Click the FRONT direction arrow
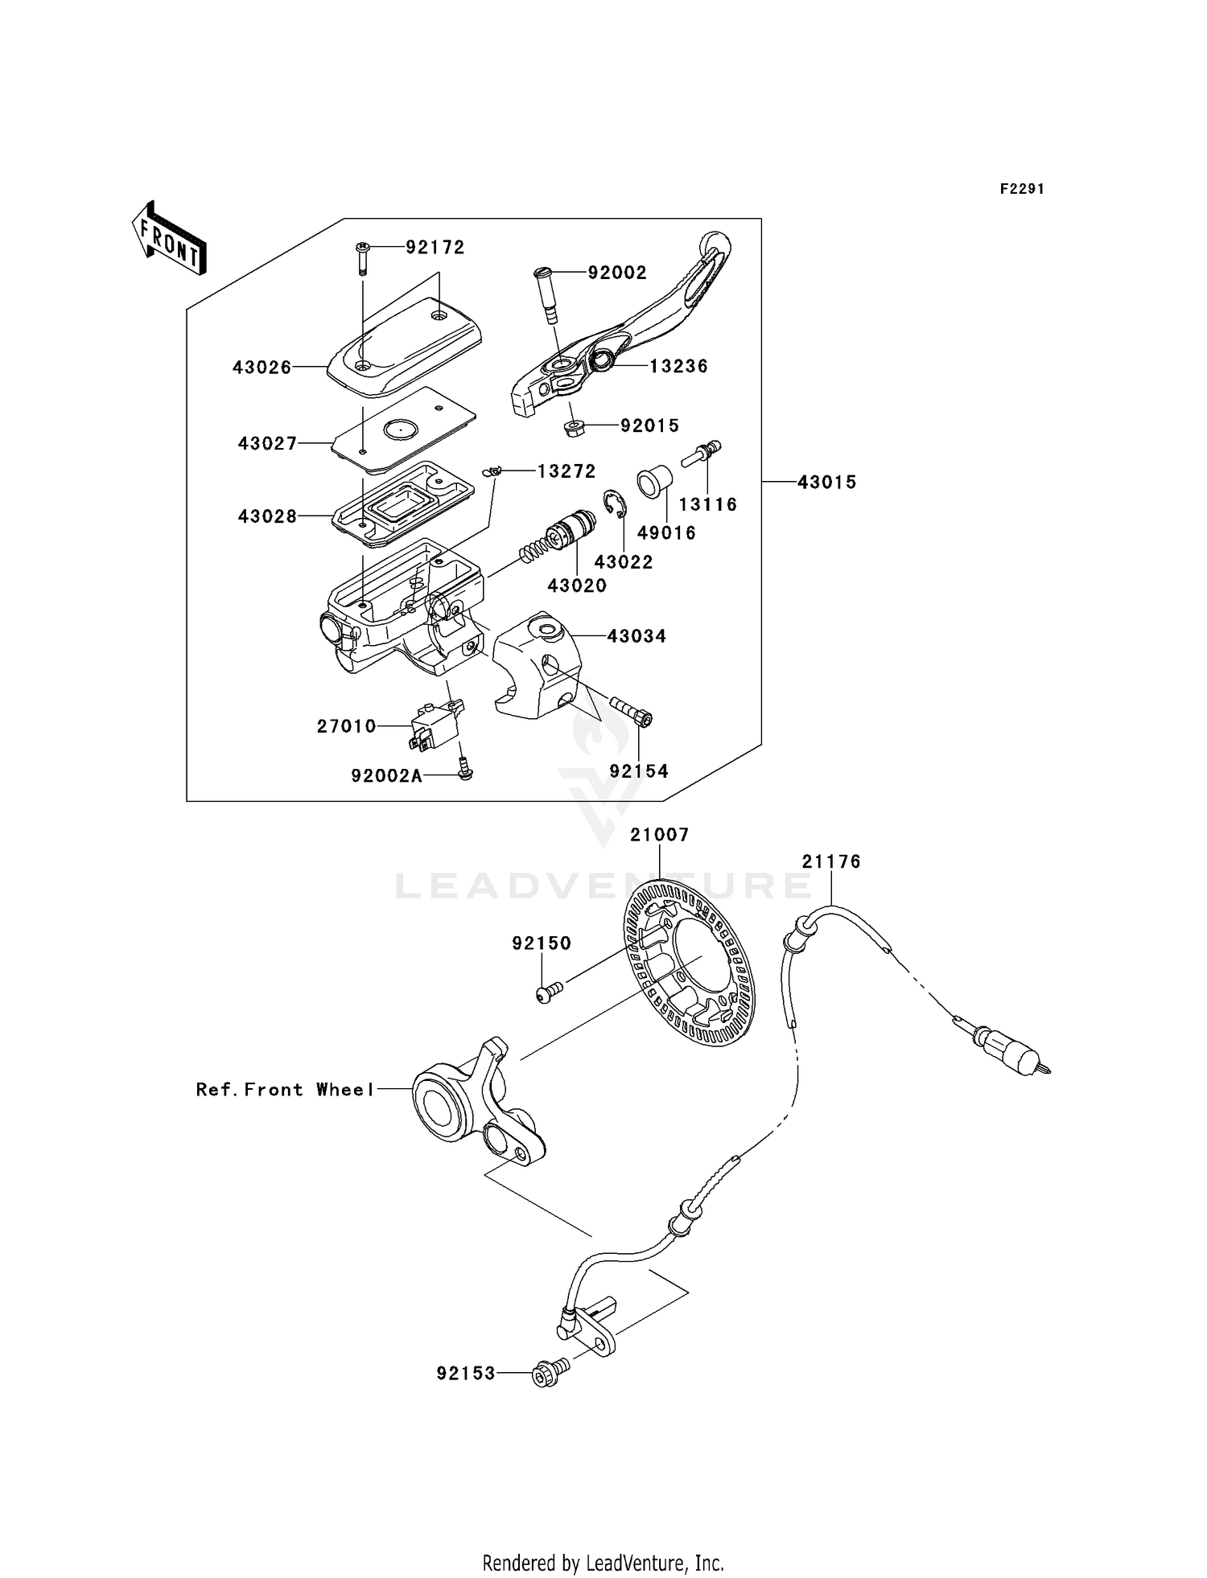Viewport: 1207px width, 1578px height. tap(169, 239)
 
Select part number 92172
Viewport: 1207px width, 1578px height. tap(435, 248)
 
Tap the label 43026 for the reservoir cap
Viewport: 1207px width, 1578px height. tap(262, 368)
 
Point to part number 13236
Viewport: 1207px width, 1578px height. tap(678, 366)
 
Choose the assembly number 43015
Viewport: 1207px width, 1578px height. tap(826, 482)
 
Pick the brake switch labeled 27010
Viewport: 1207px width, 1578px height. tap(435, 725)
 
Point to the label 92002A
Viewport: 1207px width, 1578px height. tap(386, 775)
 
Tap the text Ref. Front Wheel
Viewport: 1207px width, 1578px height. tap(285, 1089)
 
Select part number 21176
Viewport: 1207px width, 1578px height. tap(830, 861)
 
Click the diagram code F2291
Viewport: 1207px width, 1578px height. tap(1021, 189)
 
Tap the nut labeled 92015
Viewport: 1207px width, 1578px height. tap(574, 426)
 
